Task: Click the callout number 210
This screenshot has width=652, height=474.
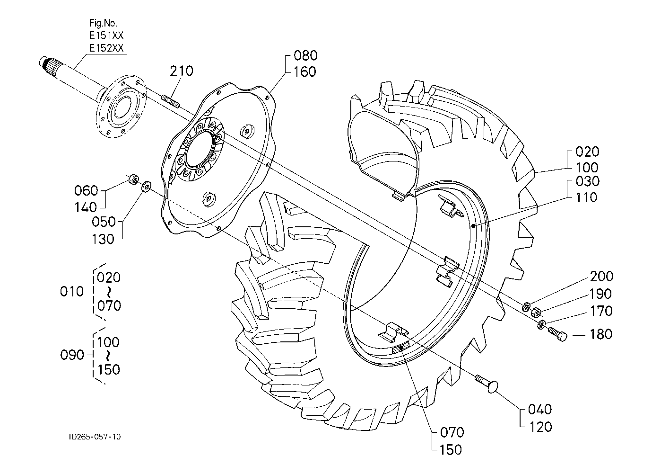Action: (182, 71)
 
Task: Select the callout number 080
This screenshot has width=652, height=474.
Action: (305, 55)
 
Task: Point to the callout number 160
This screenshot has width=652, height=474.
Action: (305, 72)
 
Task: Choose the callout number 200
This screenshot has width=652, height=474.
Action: (601, 276)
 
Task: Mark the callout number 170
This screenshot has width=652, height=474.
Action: (601, 311)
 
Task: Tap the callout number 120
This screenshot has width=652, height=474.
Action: (540, 427)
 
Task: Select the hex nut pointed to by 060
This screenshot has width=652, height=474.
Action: (134, 179)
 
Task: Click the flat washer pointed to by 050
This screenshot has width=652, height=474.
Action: (146, 187)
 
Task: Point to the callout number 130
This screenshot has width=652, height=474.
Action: (103, 239)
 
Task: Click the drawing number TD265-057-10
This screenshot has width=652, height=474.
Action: (94, 437)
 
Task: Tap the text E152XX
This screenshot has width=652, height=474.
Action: (106, 48)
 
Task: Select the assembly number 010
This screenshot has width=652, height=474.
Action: (71, 292)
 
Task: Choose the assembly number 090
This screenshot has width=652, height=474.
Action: (72, 355)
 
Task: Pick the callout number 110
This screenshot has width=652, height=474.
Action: (586, 197)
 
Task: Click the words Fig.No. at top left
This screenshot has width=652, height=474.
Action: (103, 23)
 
